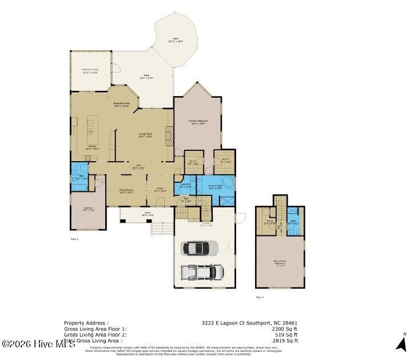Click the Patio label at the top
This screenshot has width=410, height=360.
175,41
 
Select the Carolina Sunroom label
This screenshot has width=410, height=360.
90,71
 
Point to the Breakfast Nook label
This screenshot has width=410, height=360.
121,105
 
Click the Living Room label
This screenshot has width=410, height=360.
145,135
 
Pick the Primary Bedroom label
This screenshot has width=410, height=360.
198,122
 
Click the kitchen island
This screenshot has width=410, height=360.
91,131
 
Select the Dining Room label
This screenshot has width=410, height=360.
126,191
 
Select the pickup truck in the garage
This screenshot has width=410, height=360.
202,271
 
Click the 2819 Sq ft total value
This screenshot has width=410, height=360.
284,341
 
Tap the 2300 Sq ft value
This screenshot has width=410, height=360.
284,329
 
